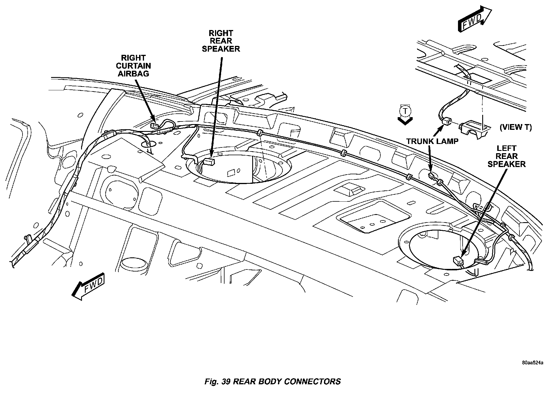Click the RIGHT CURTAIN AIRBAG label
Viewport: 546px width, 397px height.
coord(133,66)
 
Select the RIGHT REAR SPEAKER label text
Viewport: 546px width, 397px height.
coord(221,41)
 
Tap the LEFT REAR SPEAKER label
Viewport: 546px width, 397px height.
coord(506,156)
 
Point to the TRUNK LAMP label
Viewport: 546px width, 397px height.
coord(432,141)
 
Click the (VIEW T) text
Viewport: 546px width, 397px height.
coord(515,127)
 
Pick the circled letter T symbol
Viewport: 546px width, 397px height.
coord(405,111)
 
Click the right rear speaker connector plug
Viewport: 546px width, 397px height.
coord(209,162)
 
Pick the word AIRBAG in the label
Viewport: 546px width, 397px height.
coord(133,74)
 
